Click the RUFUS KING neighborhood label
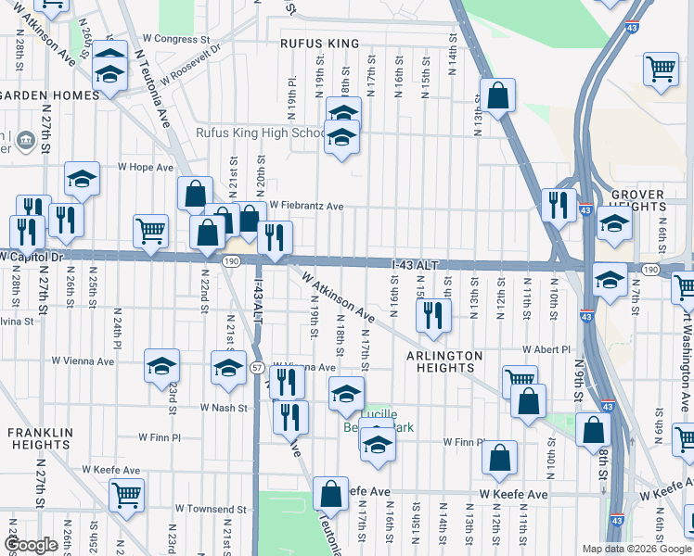(x=319, y=44)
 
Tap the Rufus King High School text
(x=260, y=133)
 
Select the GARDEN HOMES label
(x=42, y=95)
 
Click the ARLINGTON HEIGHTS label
(x=444, y=361)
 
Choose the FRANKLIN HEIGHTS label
(x=40, y=438)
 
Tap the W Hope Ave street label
(x=145, y=168)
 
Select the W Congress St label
(x=176, y=40)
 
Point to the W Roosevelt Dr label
(x=190, y=63)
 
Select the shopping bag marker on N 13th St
(x=498, y=95)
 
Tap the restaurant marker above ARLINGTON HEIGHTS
(x=433, y=316)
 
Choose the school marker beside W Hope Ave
(x=82, y=179)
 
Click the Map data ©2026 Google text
(x=637, y=549)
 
